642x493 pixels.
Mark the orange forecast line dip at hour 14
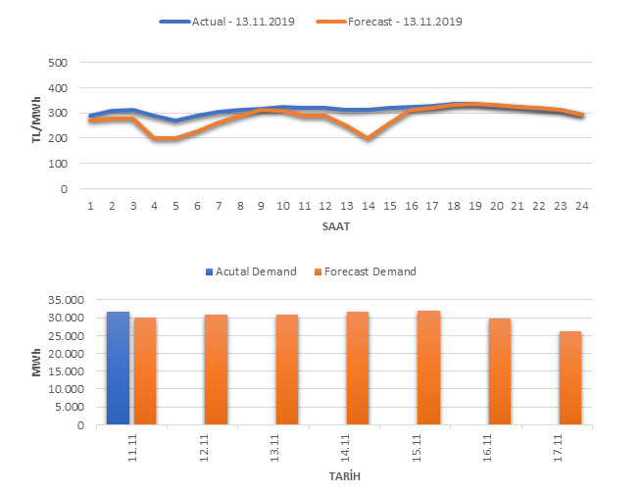click(x=368, y=139)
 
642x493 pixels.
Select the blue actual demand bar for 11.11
click(x=118, y=369)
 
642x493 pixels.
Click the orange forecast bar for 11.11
click(x=145, y=371)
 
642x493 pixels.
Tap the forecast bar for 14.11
click(x=357, y=369)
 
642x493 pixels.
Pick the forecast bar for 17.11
click(x=570, y=378)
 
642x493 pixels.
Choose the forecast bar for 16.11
click(x=499, y=371)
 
